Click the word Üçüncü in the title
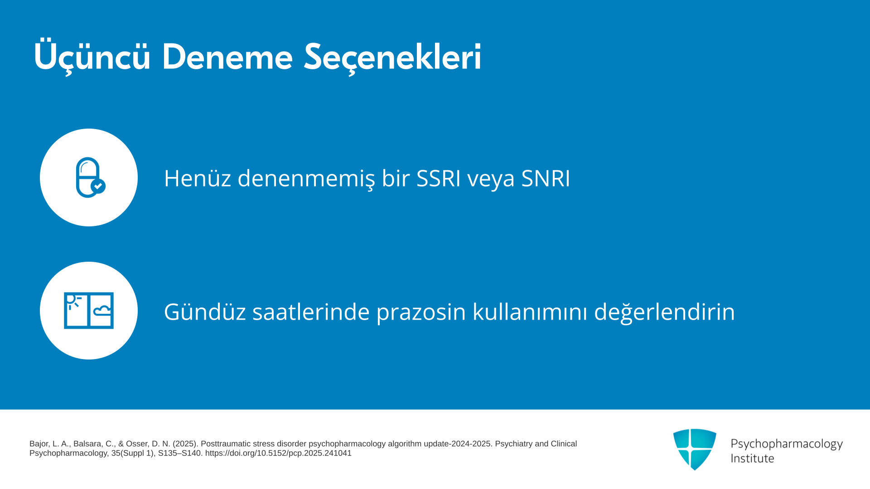click(x=92, y=56)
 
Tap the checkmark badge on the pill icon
click(x=98, y=186)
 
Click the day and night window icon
click(x=89, y=311)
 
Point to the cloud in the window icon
click(x=102, y=311)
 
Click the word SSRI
click(x=438, y=178)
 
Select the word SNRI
click(x=545, y=178)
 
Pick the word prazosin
click(x=421, y=312)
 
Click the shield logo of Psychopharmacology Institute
click(x=695, y=449)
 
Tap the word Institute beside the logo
click(x=752, y=458)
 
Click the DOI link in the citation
click(x=278, y=453)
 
